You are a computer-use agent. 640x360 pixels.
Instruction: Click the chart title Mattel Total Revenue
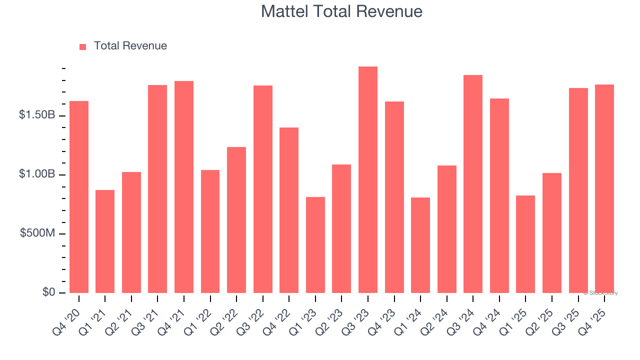click(341, 11)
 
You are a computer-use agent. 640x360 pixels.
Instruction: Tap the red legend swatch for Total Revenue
click(83, 46)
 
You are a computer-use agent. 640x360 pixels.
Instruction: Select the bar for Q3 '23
click(368, 180)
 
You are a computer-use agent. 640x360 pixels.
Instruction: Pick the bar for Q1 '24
click(420, 245)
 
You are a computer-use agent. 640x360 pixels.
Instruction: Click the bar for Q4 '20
click(79, 197)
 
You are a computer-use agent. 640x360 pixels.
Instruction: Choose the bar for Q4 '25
click(604, 189)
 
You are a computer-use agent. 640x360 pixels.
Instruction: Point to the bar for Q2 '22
click(236, 220)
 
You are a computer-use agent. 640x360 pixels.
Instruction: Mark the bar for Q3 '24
click(473, 184)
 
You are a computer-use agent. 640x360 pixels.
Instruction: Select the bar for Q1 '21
click(105, 241)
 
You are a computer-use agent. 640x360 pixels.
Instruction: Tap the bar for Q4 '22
click(289, 210)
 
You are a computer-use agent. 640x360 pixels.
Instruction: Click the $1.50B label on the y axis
click(37, 115)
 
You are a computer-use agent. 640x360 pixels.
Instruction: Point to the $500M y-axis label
click(37, 233)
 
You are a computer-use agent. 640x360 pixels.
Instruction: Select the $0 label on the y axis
click(48, 292)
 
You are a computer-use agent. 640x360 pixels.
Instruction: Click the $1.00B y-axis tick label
click(37, 174)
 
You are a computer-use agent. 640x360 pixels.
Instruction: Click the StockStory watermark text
click(600, 293)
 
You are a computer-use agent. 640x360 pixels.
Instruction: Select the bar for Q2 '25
click(552, 233)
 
